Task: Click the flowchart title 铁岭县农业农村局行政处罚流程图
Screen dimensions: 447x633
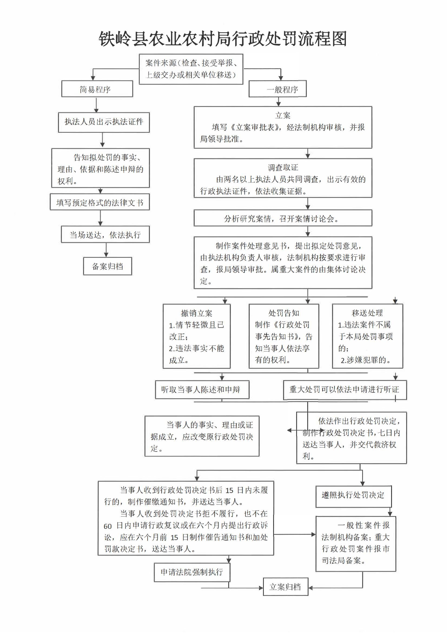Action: tap(223, 39)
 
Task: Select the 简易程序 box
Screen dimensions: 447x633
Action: tap(97, 89)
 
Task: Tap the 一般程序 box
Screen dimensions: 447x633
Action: tap(278, 89)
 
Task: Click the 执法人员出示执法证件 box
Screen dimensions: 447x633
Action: tap(104, 122)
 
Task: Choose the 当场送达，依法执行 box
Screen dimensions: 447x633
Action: tap(105, 234)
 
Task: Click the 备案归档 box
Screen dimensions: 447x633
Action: tap(107, 266)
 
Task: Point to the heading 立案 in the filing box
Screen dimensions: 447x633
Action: tap(283, 115)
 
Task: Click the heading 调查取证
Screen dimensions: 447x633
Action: tap(283, 167)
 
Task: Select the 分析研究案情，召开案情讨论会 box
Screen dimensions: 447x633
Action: tap(283, 218)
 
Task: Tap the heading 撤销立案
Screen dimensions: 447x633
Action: tap(196, 313)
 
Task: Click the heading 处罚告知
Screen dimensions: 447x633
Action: tap(284, 313)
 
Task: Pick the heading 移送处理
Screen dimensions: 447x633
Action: tap(367, 313)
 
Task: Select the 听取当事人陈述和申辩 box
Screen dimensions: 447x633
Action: tap(202, 390)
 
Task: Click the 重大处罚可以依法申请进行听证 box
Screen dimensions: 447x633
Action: tap(345, 390)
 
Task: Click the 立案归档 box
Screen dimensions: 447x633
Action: tap(285, 587)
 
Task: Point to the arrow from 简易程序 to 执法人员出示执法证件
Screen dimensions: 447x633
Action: tap(96, 105)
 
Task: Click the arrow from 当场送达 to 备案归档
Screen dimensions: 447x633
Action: tap(106, 250)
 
